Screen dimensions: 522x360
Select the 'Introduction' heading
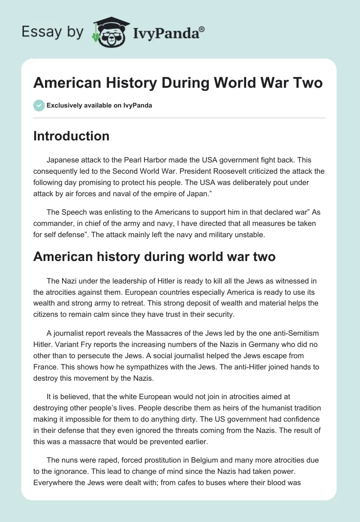coord(71,136)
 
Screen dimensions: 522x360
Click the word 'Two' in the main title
coord(306,84)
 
